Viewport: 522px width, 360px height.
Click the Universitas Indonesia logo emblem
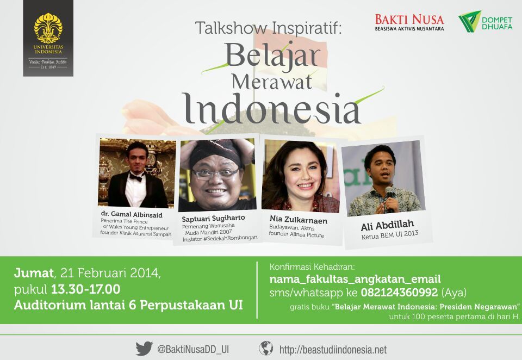48,28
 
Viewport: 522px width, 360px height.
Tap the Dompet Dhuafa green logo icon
469,21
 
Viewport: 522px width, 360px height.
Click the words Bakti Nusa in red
409,20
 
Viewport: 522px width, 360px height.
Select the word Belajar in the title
272,55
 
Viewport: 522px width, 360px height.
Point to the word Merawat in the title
272,82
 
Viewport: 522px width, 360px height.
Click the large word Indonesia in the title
272,109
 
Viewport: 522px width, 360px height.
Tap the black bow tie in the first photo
136,177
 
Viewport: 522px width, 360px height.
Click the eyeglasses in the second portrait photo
215,174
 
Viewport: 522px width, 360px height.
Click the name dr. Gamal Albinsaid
132,214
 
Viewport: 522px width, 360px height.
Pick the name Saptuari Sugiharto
213,219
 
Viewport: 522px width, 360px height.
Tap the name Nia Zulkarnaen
299,220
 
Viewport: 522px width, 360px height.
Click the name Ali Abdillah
387,225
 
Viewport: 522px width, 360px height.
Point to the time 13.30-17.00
85,289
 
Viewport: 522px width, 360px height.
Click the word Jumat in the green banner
34,273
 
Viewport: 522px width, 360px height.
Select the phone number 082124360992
399,293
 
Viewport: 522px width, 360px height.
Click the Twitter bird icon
144,349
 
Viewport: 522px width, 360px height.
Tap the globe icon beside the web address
266,349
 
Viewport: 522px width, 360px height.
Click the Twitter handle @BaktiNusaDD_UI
193,349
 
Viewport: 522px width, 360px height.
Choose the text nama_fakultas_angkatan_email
355,279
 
